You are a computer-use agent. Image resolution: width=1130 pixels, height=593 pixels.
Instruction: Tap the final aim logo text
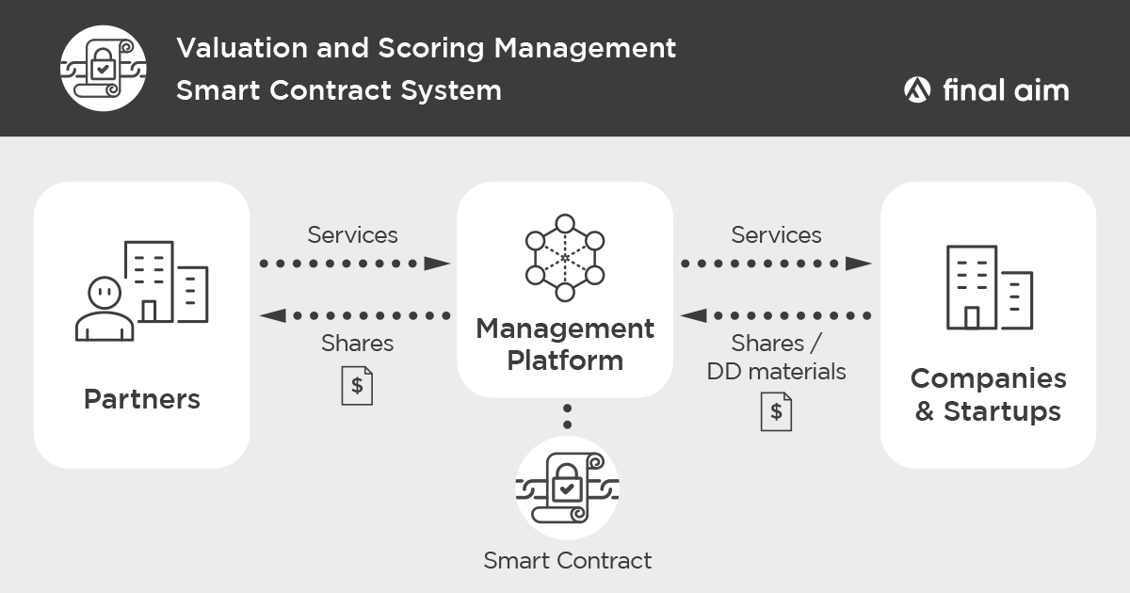(x=1004, y=90)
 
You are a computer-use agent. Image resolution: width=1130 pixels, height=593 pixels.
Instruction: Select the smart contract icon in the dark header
(x=103, y=68)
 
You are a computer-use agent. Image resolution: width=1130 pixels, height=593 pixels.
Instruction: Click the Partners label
(x=142, y=399)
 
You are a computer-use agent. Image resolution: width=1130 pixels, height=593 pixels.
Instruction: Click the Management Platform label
(x=565, y=345)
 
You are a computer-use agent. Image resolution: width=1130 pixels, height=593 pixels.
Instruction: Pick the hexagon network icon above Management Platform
(x=565, y=258)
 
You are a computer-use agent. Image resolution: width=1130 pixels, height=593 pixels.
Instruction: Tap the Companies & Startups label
(x=988, y=394)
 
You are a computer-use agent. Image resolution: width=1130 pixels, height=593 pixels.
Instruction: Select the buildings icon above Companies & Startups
(x=988, y=287)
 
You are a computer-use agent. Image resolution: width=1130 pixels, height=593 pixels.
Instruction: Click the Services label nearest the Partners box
(x=352, y=234)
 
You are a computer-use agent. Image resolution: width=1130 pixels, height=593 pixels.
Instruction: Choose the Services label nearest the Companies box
(x=776, y=234)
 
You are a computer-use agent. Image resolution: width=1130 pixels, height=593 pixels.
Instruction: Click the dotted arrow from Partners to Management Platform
(x=354, y=264)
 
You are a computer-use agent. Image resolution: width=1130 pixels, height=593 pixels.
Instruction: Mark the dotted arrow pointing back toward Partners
(x=354, y=315)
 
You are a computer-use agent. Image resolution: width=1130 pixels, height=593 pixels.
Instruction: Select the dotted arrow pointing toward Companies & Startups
(x=776, y=264)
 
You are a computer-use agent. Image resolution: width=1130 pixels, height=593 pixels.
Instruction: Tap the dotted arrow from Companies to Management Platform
(x=776, y=315)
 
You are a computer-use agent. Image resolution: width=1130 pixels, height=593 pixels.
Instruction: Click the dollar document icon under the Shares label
(x=357, y=386)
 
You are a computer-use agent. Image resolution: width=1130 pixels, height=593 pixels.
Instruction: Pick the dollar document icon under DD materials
(x=776, y=411)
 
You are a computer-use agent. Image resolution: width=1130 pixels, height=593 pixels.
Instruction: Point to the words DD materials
(x=776, y=372)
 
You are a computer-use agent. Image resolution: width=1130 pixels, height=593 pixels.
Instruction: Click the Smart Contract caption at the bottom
(x=567, y=561)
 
